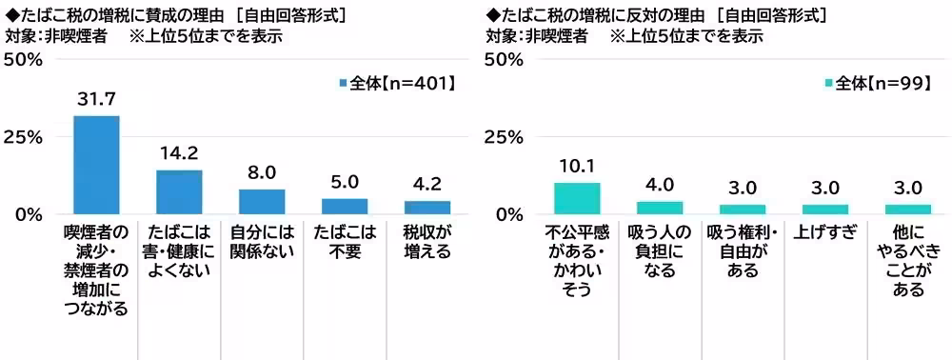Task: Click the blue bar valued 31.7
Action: (x=96, y=165)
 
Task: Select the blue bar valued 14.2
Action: (x=179, y=191)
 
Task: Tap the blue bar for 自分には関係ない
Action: (x=262, y=201)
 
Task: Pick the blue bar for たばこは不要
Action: (x=345, y=206)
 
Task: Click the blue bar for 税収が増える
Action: (x=427, y=207)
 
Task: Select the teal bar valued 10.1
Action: (x=577, y=197)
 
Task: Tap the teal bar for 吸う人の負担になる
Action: (x=660, y=208)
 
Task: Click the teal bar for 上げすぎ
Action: (x=825, y=209)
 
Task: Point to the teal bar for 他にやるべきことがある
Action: (x=908, y=209)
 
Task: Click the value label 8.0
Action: (x=262, y=172)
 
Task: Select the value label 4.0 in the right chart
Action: (x=660, y=184)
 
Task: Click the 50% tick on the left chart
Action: (x=23, y=60)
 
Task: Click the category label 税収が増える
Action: (x=427, y=242)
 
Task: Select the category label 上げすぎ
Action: (x=825, y=231)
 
